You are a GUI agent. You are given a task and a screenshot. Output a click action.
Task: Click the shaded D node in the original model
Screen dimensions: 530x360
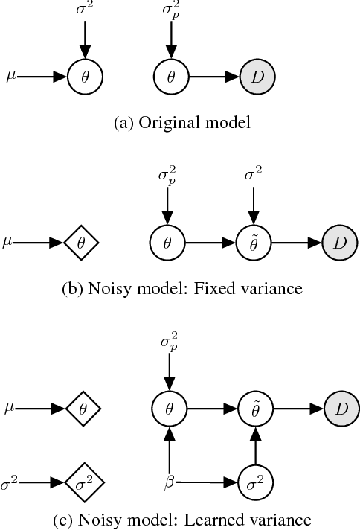tap(257, 76)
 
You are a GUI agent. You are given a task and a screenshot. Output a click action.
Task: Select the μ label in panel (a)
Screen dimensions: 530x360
tap(10, 75)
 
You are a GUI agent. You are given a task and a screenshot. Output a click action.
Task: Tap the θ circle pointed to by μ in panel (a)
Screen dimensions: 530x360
tap(85, 76)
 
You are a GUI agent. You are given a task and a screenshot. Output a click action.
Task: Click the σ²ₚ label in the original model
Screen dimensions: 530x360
tap(170, 11)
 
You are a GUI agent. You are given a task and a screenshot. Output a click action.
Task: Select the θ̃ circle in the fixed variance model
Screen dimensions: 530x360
tap(253, 243)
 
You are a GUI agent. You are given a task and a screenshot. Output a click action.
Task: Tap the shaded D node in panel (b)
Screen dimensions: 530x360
tap(339, 243)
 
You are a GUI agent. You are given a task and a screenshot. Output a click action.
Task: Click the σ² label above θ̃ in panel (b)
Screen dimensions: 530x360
tap(253, 176)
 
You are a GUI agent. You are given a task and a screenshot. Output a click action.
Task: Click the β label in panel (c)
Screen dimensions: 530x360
tap(169, 483)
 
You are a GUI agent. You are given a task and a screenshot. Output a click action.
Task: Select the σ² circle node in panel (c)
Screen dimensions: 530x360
tap(253, 482)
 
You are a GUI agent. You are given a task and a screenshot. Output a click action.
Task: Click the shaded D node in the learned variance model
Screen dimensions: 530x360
tap(339, 409)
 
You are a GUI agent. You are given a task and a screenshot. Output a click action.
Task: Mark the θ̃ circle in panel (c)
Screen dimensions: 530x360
tap(253, 409)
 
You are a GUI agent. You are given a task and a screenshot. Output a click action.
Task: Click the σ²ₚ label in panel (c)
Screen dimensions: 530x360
tap(170, 345)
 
